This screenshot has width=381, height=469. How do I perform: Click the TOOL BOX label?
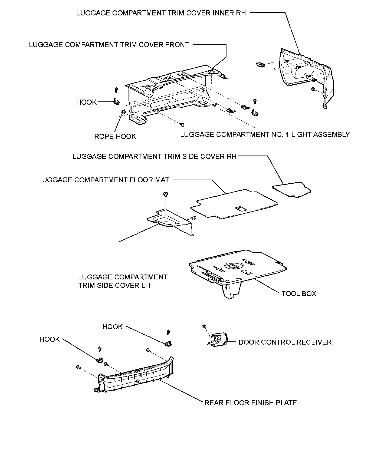click(x=299, y=294)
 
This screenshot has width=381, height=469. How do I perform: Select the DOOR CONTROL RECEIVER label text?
click(x=285, y=342)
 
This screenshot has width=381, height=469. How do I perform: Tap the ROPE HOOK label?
click(x=115, y=136)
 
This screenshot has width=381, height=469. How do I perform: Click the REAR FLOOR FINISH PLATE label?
click(x=251, y=403)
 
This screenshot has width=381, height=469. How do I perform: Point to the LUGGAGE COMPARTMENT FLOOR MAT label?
click(x=104, y=180)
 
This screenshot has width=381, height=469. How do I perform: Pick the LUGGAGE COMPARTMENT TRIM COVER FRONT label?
click(x=109, y=45)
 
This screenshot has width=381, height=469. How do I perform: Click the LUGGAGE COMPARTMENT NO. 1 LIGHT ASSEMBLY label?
click(x=265, y=134)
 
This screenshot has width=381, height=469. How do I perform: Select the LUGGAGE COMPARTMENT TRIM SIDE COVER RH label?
click(x=155, y=157)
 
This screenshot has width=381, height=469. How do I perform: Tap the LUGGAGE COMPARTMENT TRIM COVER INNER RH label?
click(x=161, y=13)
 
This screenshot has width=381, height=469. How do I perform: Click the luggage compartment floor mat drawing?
click(x=234, y=204)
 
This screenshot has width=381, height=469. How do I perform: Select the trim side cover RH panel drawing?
click(x=292, y=189)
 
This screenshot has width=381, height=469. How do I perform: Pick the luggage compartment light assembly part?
click(x=260, y=65)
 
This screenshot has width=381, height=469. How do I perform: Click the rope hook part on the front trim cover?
click(x=124, y=112)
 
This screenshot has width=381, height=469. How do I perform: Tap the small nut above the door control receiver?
click(x=205, y=326)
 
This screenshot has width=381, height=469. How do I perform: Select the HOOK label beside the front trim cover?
click(x=86, y=102)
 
